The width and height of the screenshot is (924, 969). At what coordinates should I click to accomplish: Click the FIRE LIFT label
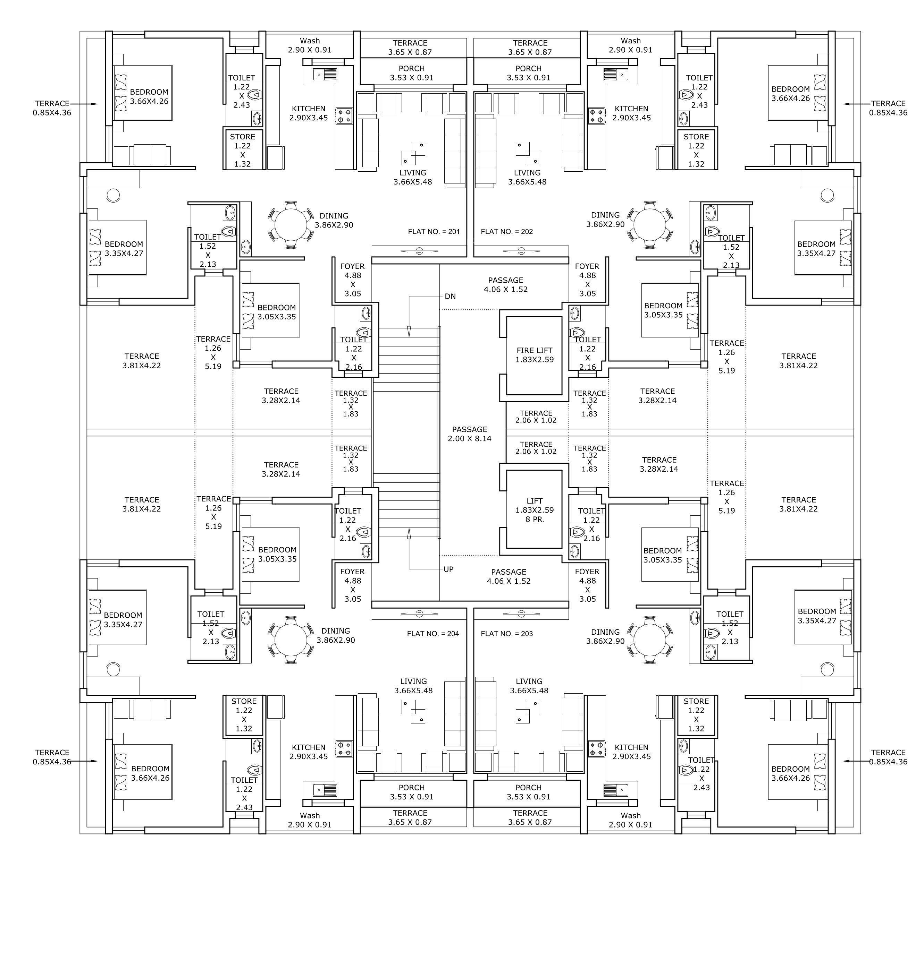(x=535, y=350)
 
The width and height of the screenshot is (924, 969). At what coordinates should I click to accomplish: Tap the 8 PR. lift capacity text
(x=535, y=519)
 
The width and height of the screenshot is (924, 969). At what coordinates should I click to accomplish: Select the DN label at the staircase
(x=450, y=296)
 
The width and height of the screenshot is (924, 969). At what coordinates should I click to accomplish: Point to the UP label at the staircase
(x=448, y=569)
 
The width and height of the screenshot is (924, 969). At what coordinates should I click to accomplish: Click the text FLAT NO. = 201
(x=434, y=231)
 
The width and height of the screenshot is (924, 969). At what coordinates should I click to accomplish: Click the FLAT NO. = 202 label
(x=507, y=231)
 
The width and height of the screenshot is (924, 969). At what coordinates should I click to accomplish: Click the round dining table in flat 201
(x=291, y=224)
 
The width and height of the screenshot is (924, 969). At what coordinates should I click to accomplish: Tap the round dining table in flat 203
(x=650, y=640)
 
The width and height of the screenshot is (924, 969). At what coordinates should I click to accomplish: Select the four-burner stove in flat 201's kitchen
(x=344, y=116)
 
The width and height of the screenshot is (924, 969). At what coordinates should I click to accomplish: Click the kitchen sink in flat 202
(x=616, y=74)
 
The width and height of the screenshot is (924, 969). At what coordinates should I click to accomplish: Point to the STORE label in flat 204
(x=244, y=701)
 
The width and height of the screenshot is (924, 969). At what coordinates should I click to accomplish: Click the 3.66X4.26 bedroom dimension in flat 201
(x=150, y=101)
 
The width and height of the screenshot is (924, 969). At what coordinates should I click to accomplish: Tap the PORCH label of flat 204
(x=411, y=787)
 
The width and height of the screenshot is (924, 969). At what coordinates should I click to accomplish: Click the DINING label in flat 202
(x=605, y=215)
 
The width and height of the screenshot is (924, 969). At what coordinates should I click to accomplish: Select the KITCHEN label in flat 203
(x=631, y=747)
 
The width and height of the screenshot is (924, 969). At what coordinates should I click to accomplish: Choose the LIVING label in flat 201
(x=413, y=173)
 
